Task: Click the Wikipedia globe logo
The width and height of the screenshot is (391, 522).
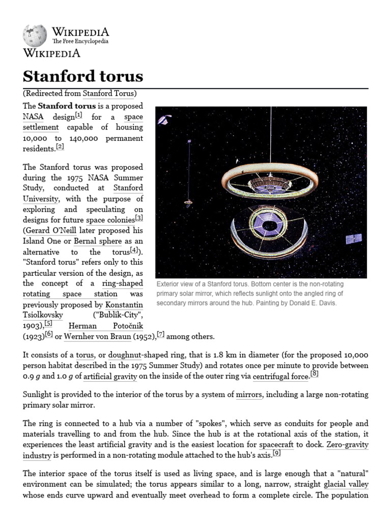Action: [35, 35]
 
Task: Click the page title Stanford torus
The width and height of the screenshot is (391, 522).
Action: [83, 76]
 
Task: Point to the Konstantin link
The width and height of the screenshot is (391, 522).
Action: [124, 304]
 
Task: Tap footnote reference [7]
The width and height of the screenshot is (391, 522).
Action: [161, 334]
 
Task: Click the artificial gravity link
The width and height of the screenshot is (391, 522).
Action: [110, 377]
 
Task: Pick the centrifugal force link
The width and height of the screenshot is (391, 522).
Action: [281, 377]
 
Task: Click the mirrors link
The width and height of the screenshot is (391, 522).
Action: [249, 395]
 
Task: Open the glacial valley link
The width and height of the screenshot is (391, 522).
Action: [346, 484]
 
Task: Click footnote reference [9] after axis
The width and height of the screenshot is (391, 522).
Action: [276, 453]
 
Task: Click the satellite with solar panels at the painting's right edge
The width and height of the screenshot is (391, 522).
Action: [354, 239]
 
